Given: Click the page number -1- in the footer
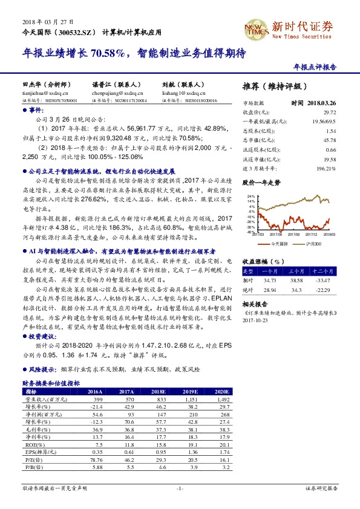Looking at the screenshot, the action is pyautogui.click(x=180, y=487).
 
